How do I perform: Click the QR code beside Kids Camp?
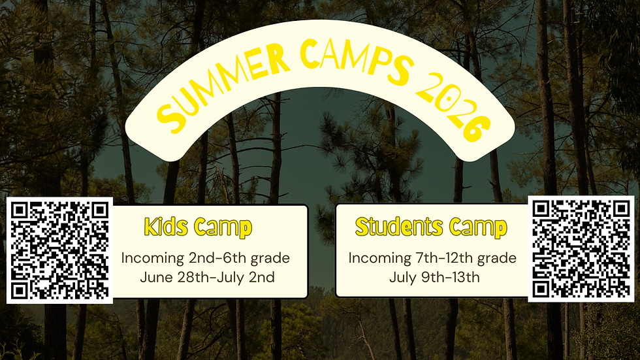[60, 250]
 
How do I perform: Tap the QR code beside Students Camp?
[581, 250]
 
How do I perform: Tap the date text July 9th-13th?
[434, 277]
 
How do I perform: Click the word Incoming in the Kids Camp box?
[151, 259]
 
